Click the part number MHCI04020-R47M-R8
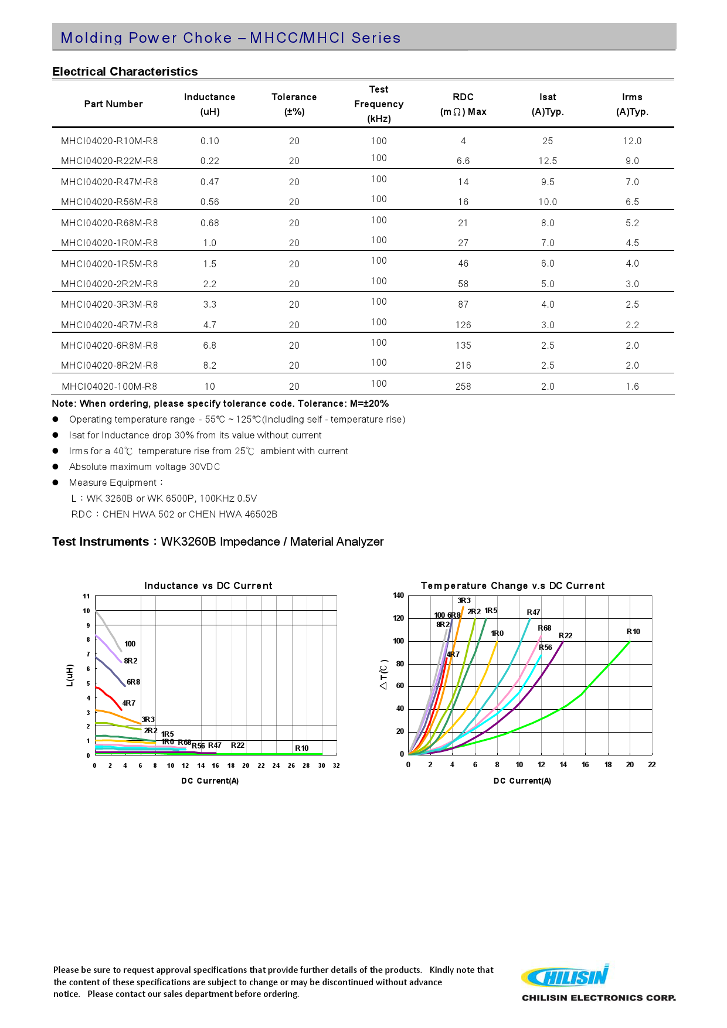click(x=109, y=182)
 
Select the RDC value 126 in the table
click(x=463, y=325)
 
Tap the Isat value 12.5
click(x=548, y=161)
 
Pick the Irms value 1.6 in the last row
click(x=632, y=386)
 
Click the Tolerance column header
click(x=294, y=104)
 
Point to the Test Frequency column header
click(x=379, y=104)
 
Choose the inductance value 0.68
click(x=209, y=223)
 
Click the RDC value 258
click(x=463, y=386)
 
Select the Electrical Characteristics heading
click(x=125, y=72)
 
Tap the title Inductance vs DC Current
click(x=208, y=586)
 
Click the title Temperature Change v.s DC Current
click(x=512, y=586)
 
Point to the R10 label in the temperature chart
click(x=633, y=631)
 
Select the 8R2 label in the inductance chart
click(x=131, y=661)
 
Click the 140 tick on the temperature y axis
click(x=399, y=595)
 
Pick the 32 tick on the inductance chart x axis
click(x=336, y=765)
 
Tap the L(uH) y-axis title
click(x=70, y=675)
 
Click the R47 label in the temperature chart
click(x=534, y=612)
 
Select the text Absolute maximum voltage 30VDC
click(x=144, y=467)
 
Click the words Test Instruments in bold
click(x=100, y=542)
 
